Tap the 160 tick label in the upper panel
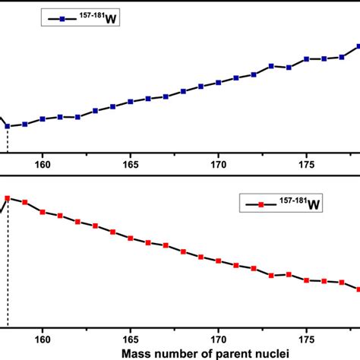point(43,164)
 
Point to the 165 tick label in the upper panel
point(131,164)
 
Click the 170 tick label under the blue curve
point(219,164)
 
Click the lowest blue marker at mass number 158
point(8,126)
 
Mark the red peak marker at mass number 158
point(8,198)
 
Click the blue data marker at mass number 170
point(219,82)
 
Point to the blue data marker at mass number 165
point(131,101)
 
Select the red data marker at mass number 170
point(219,261)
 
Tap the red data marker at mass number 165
point(131,239)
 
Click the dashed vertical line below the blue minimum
point(8,141)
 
